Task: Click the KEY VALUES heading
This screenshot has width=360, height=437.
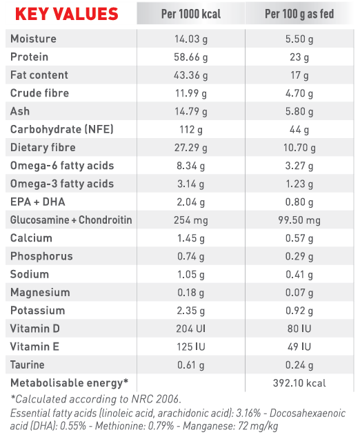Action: pyautogui.click(x=67, y=14)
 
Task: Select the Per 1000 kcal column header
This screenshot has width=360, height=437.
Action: pyautogui.click(x=191, y=14)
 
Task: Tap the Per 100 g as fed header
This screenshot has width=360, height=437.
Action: pyautogui.click(x=299, y=14)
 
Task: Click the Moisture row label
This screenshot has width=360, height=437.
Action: pyautogui.click(x=33, y=39)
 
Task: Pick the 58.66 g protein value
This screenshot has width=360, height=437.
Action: pyautogui.click(x=191, y=57)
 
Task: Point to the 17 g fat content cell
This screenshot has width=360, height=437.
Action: pyautogui.click(x=299, y=75)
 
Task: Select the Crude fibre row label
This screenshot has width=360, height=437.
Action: pyautogui.click(x=39, y=93)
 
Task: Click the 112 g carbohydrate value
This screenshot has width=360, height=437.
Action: pyautogui.click(x=191, y=130)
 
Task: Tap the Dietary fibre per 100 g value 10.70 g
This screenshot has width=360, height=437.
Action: pyautogui.click(x=299, y=148)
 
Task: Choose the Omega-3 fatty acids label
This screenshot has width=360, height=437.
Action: pyautogui.click(x=62, y=184)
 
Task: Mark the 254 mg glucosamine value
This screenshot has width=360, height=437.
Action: pyautogui.click(x=191, y=220)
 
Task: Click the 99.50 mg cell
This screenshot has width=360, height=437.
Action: pyautogui.click(x=299, y=220)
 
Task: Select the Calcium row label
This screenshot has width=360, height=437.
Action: pyautogui.click(x=31, y=238)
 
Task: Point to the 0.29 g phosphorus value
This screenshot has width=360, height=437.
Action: pyautogui.click(x=299, y=256)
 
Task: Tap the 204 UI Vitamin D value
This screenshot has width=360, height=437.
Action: pyautogui.click(x=191, y=329)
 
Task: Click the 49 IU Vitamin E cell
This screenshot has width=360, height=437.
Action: pyautogui.click(x=299, y=347)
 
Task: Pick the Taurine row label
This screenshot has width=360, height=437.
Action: pyautogui.click(x=28, y=365)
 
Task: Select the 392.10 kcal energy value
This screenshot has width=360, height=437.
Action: pyautogui.click(x=299, y=383)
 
